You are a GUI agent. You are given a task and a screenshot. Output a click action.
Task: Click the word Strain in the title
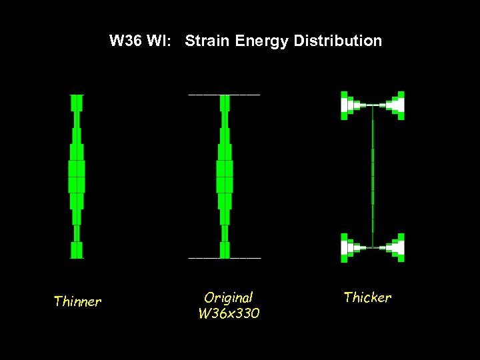[206, 41]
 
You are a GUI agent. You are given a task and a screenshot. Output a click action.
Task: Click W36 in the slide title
[126, 41]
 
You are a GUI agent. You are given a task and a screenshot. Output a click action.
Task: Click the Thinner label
[77, 302]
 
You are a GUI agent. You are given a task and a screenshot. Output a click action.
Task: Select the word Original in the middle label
[229, 298]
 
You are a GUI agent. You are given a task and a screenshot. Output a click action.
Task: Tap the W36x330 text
[229, 313]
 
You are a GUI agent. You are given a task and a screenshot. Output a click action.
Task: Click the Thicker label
[367, 297]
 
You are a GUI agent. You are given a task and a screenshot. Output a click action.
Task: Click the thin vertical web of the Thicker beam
[373, 177]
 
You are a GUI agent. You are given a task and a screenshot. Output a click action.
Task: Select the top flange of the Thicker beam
[373, 105]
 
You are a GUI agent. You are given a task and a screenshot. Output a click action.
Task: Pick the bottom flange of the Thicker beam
[373, 247]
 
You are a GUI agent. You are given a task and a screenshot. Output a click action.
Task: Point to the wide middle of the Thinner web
[77, 176]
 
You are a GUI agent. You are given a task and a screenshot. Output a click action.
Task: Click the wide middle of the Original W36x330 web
[225, 176]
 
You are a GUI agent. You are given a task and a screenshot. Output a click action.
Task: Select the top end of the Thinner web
[77, 102]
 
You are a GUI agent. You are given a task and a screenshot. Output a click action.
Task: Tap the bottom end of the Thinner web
[77, 250]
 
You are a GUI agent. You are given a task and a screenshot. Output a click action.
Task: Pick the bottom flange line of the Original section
[225, 257]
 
